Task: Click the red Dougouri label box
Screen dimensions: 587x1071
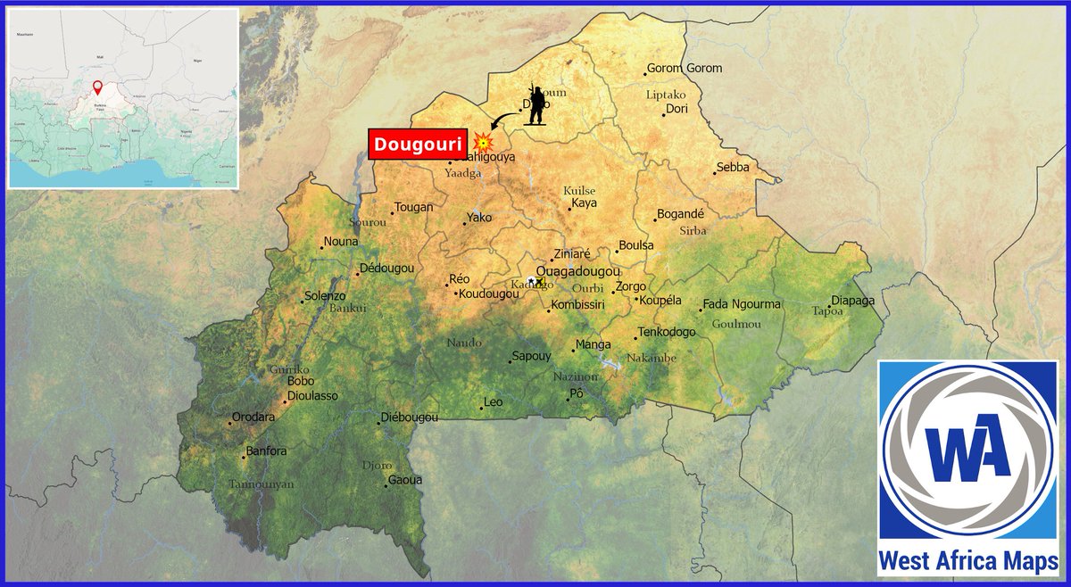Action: [418, 145]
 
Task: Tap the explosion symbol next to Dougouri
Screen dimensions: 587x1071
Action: [483, 142]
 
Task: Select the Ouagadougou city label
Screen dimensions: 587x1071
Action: [577, 271]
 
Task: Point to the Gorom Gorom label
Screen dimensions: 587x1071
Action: [685, 69]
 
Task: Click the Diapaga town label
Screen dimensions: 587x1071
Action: [853, 301]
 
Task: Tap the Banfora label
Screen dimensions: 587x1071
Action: [266, 451]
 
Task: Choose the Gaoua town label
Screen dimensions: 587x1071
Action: [404, 480]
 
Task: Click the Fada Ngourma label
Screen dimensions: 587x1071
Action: [742, 304]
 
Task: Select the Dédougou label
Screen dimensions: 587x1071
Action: [386, 269]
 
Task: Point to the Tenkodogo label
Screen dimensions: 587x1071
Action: [667, 332]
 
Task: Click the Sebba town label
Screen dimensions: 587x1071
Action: [733, 167]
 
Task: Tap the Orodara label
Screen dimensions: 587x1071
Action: [253, 417]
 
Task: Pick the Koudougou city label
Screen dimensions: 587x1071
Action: [488, 293]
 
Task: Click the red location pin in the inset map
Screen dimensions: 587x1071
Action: [97, 88]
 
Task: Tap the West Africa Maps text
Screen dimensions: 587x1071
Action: [968, 561]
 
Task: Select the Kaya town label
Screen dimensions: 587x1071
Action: [585, 203]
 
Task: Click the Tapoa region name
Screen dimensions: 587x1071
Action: [827, 311]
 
